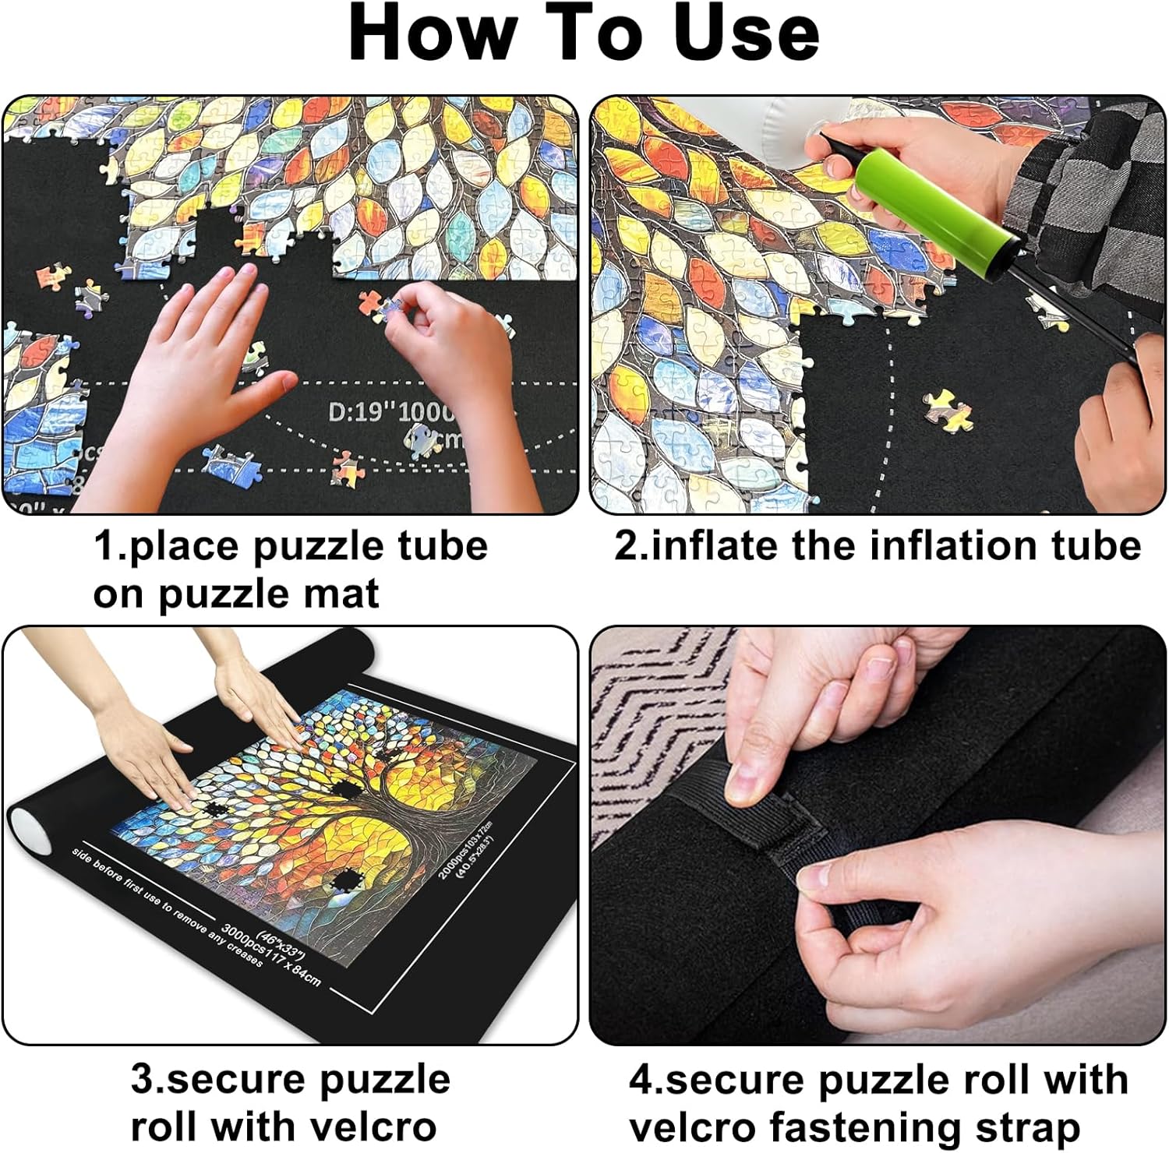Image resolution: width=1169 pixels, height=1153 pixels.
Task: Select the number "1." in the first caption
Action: tap(110, 545)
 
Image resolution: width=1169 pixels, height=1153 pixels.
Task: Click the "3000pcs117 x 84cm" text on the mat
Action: tap(269, 954)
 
